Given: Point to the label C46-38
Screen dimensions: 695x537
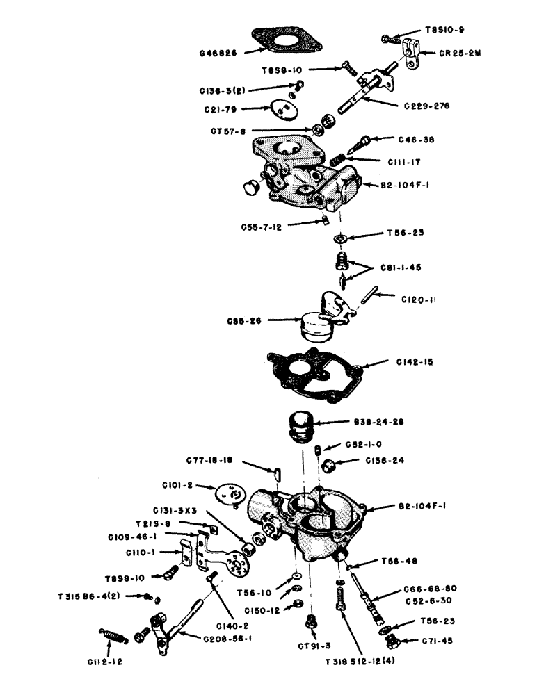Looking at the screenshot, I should [x=417, y=139].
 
